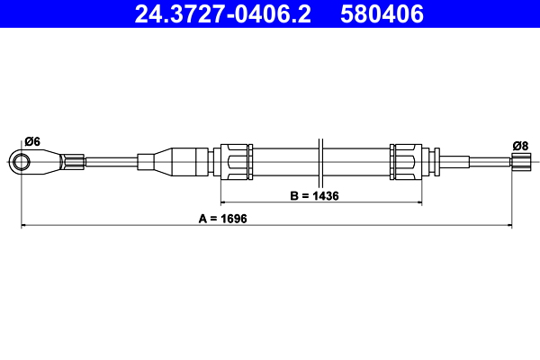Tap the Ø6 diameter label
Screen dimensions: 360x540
coord(31,140)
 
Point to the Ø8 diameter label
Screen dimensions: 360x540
coord(519,145)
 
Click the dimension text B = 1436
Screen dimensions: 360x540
coord(313,195)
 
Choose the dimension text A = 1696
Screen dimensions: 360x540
coord(222,219)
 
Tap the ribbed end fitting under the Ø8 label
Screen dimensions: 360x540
coord(520,162)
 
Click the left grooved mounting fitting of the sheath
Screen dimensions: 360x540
coord(235,162)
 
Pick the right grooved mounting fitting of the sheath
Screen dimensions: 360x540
coord(404,162)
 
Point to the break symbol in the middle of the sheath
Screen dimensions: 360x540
coord(319,162)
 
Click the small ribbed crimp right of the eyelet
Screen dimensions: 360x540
coord(74,162)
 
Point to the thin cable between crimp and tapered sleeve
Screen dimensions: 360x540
coord(110,162)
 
